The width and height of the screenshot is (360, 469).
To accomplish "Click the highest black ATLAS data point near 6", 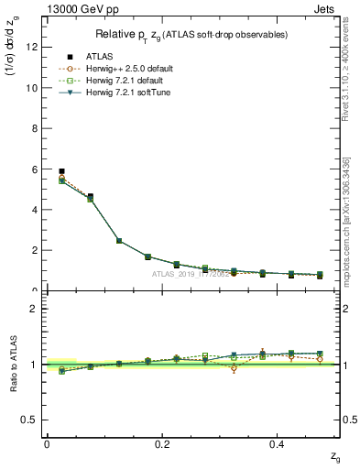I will click(61, 171).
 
